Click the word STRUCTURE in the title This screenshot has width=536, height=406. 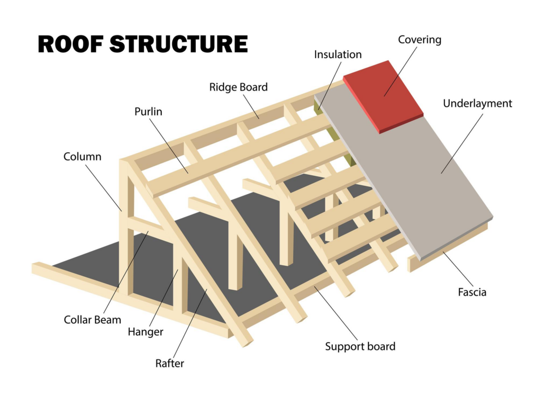178,44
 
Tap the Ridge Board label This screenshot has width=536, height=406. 238,87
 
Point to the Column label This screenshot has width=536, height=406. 82,156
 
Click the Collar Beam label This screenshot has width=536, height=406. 92,319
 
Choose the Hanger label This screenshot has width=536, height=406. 146,331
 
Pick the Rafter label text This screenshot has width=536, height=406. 170,363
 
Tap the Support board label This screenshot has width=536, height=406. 360,346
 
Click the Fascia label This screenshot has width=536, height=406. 472,291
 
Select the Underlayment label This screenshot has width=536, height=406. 477,103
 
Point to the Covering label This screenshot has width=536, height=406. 420,40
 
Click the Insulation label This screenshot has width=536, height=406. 338,54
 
